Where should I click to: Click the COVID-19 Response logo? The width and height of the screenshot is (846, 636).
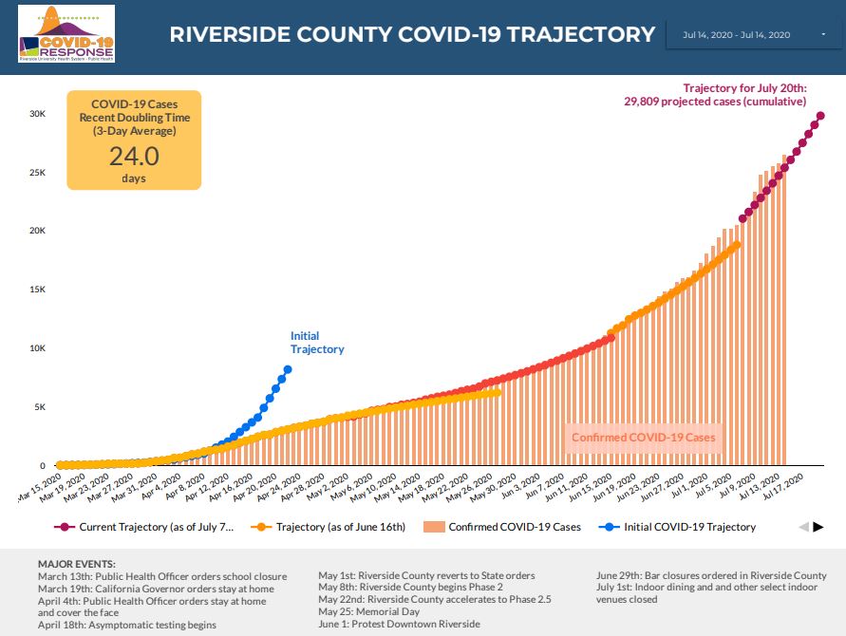point(66,34)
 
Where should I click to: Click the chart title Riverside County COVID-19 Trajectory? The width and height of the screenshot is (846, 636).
point(412,35)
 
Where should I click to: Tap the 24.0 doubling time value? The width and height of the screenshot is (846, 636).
point(133,156)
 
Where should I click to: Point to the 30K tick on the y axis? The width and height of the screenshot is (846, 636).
point(37,114)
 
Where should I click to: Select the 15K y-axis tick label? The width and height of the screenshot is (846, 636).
point(37,290)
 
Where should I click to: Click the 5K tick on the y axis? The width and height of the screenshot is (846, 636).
point(39,407)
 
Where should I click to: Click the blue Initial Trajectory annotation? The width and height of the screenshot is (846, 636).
point(316,343)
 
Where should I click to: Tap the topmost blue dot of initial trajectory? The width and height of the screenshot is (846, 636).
point(288,369)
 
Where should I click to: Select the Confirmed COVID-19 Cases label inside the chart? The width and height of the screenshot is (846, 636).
point(642,438)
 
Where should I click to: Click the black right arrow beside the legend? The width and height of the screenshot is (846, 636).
point(818,527)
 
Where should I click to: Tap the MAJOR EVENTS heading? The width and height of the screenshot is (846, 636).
point(77,564)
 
